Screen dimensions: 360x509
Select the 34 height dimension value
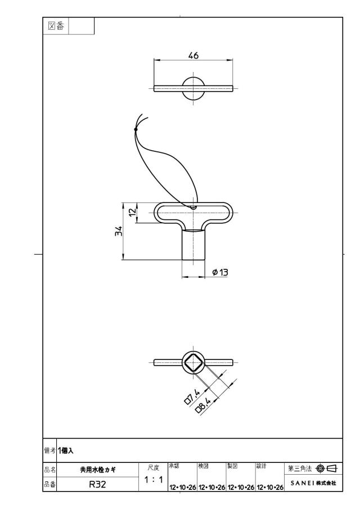(119, 231)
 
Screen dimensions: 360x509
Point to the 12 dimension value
(133, 213)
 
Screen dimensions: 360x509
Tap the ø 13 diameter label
(220, 272)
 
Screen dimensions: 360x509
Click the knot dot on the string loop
(136, 129)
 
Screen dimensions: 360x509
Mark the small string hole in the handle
(193, 207)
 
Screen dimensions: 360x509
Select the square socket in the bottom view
(193, 362)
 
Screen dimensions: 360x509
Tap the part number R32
(97, 485)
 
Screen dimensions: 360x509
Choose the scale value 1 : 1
(154, 479)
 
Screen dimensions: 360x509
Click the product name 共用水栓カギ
(98, 470)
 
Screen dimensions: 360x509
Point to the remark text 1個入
(66, 451)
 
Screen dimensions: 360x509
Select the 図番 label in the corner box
(56, 26)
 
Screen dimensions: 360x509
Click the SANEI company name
(313, 483)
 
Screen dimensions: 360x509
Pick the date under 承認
(182, 487)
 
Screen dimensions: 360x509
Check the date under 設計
(270, 487)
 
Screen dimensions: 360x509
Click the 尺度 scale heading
(154, 468)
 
